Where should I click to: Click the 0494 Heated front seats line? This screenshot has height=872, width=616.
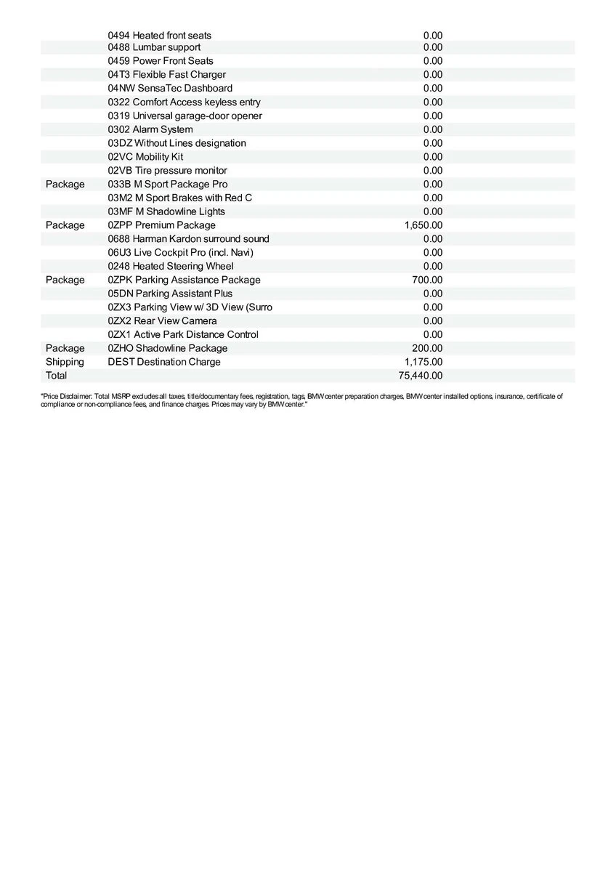click(160, 36)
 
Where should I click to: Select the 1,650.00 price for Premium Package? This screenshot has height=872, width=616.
click(423, 225)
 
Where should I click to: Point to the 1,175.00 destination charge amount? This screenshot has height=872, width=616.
click(423, 362)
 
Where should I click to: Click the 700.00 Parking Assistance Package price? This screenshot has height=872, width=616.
click(427, 280)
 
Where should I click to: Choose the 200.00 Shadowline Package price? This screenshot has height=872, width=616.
click(427, 348)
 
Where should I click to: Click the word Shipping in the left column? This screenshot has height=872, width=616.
click(65, 362)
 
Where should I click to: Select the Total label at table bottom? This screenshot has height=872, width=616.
click(56, 376)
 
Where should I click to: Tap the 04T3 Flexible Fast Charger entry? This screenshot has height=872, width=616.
click(167, 75)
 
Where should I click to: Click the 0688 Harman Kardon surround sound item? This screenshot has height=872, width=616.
click(189, 239)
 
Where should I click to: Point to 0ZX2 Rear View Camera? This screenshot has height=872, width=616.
click(163, 321)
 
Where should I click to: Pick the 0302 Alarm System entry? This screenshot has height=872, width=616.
click(150, 129)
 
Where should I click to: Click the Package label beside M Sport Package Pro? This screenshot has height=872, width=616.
click(65, 185)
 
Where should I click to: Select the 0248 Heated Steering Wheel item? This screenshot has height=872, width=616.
click(171, 267)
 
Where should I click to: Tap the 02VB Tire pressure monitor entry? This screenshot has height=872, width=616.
click(168, 171)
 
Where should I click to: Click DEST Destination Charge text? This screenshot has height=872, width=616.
click(164, 362)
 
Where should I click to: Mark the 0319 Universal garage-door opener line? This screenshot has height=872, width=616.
click(185, 116)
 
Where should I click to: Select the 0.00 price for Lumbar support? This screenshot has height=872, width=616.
click(433, 47)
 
